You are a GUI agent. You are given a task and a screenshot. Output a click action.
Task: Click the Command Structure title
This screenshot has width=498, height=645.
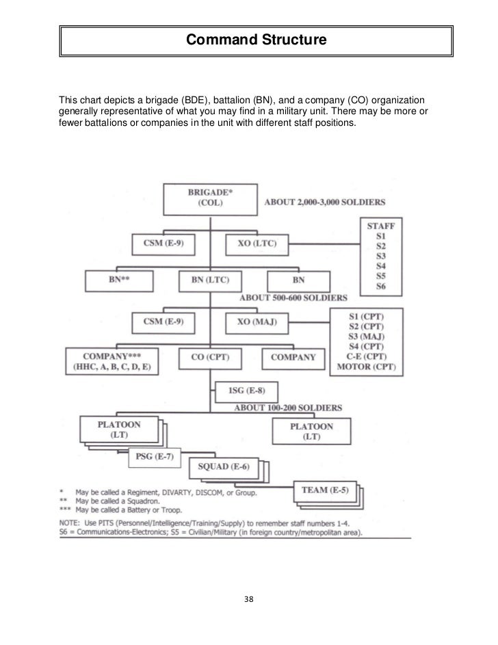click(256, 42)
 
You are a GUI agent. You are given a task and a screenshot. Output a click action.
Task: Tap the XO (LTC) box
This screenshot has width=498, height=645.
click(257, 243)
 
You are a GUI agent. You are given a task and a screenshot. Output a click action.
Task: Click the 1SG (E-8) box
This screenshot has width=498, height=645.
click(247, 392)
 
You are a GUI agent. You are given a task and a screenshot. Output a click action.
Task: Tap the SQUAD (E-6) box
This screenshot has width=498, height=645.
click(223, 467)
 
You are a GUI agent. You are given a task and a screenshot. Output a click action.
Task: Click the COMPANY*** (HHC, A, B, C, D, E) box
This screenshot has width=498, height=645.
click(112, 362)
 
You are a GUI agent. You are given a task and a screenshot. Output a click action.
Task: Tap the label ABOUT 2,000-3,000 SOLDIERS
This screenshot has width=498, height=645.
click(324, 202)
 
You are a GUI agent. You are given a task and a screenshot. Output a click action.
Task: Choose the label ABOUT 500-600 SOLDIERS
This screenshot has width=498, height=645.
click(292, 298)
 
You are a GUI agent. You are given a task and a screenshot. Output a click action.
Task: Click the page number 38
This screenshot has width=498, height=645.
click(249, 599)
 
